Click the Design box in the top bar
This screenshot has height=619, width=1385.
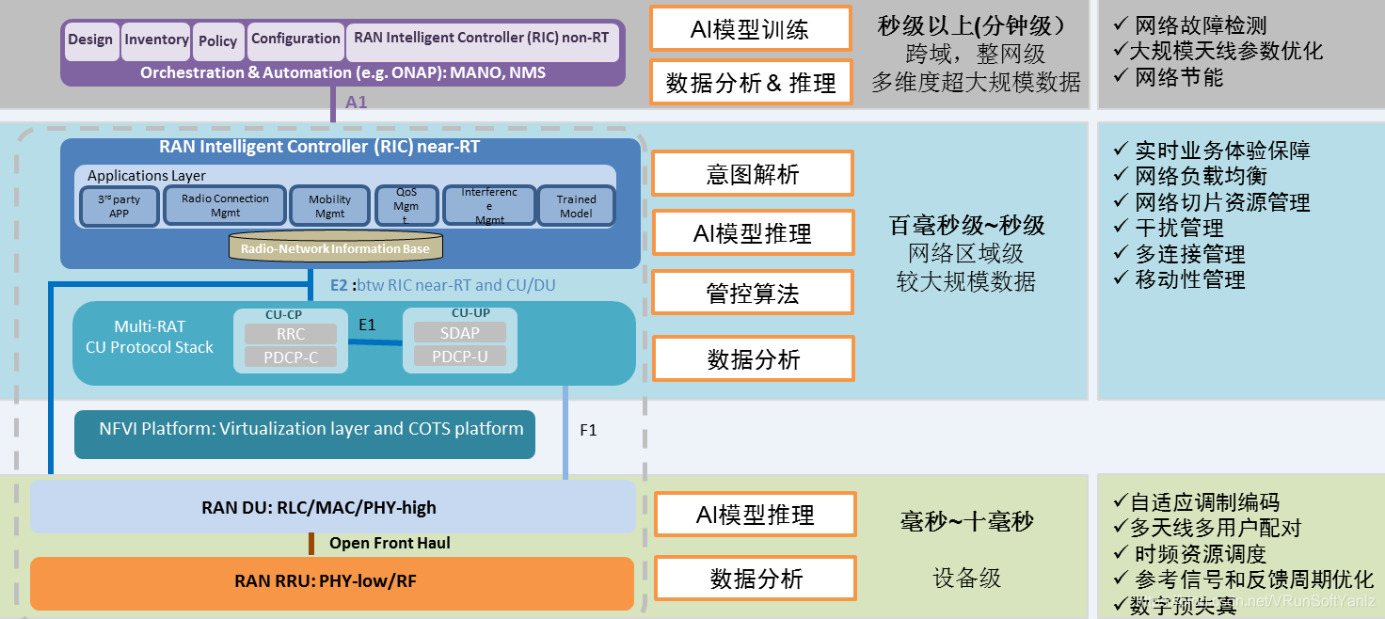91,40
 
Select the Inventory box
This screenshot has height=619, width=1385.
156,40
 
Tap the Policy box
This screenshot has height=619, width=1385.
218,40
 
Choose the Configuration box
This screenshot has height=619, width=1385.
295,40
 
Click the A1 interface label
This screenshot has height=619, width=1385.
357,103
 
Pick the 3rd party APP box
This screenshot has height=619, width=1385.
119,206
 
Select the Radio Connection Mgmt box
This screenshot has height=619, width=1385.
225,205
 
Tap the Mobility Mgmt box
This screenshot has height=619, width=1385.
329,206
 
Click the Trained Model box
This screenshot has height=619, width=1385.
576,206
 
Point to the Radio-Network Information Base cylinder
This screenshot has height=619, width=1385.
335,248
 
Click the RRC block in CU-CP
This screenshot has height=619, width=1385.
290,334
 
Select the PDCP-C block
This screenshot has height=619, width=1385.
290,357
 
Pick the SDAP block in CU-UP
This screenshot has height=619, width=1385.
459,333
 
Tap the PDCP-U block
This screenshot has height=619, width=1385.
459,357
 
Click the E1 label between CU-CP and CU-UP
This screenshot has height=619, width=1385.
367,325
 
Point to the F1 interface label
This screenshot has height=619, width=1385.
588,431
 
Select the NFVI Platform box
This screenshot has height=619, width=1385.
304,434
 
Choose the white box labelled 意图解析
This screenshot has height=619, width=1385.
753,174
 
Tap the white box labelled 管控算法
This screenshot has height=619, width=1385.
753,294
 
